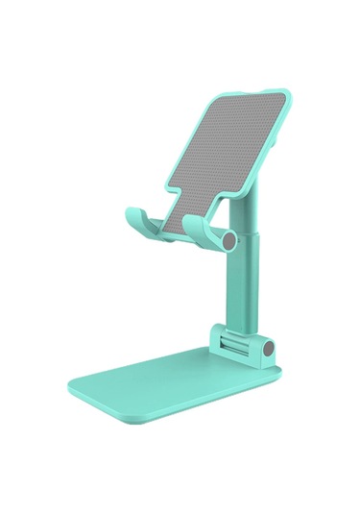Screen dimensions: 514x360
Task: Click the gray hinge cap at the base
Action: point(272,349)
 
